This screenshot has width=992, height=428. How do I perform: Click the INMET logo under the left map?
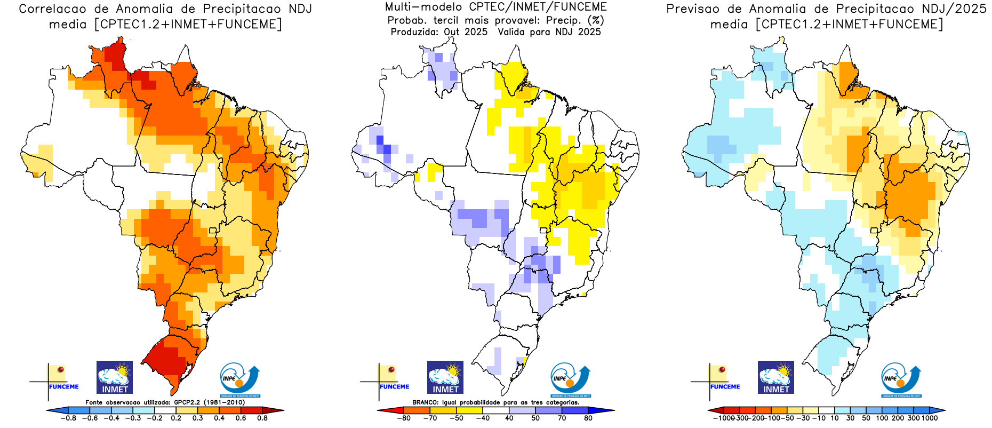coord(115,377)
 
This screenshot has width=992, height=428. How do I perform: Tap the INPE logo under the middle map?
coord(570,380)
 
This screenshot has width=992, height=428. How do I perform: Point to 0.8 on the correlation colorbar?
coord(262,418)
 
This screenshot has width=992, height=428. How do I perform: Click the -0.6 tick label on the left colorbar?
coord(90,418)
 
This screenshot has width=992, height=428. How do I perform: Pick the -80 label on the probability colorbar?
coord(404,418)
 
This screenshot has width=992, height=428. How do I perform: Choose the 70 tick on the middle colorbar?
coord(562,418)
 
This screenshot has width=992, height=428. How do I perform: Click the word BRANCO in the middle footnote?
coord(425,402)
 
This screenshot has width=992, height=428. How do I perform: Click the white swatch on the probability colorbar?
coord(496,411)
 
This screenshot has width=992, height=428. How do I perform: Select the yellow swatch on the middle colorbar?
coord(469,411)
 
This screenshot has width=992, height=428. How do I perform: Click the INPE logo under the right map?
coord(901,380)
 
